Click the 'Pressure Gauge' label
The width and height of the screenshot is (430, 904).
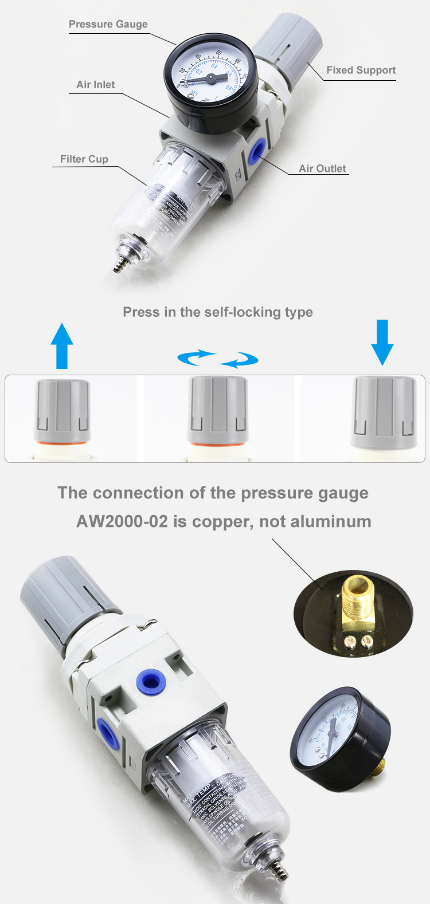108,24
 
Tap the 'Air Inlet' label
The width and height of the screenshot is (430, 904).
95,84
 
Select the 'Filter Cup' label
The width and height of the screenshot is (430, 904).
84,159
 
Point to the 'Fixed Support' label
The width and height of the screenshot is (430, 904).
361,70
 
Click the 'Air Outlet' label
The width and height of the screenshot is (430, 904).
322,168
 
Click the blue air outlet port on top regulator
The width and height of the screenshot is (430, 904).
255,151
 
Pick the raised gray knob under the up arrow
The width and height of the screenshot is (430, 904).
62,409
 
